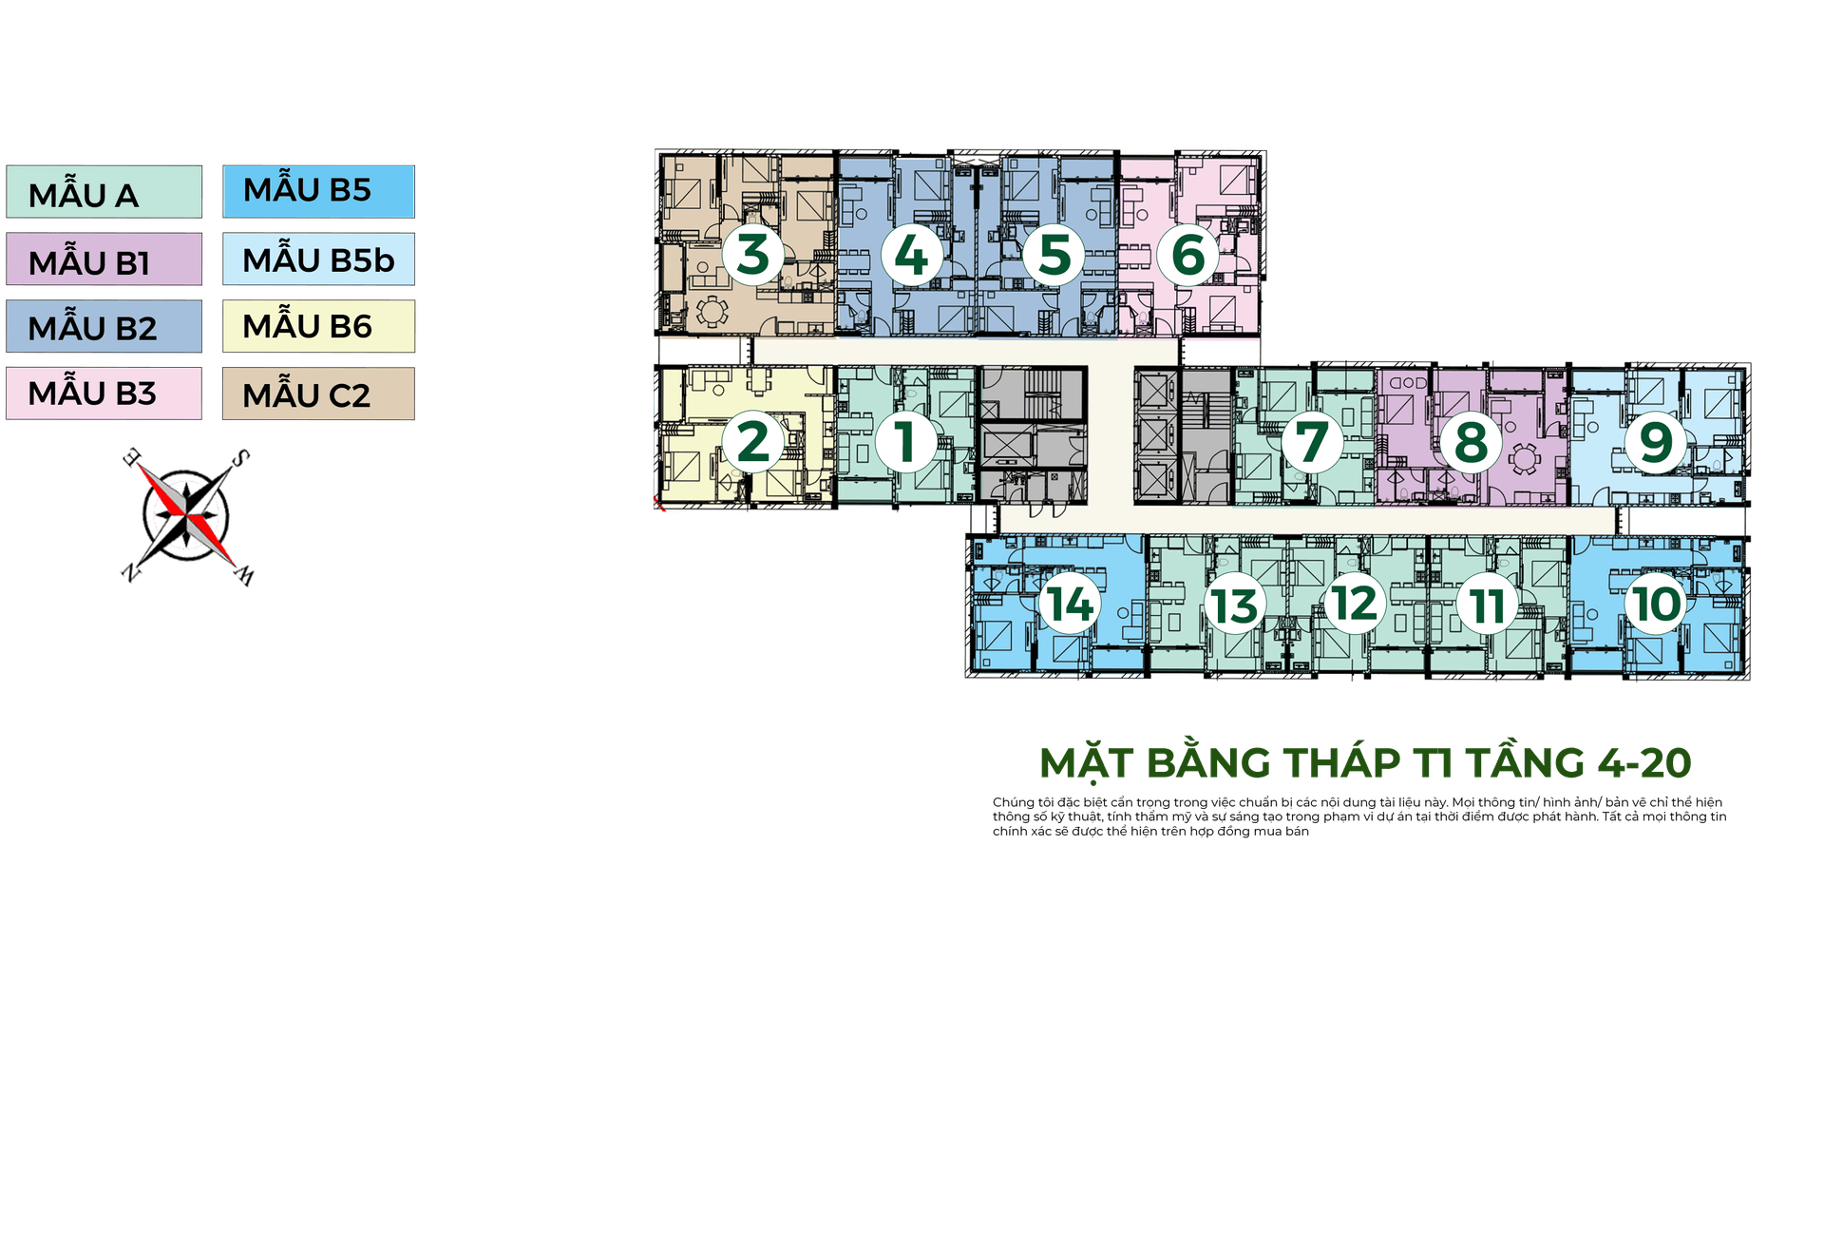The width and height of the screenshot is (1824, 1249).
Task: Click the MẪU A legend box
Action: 104,193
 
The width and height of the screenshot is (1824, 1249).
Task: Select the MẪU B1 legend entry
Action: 104,260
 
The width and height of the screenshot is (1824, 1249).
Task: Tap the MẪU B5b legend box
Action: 319,259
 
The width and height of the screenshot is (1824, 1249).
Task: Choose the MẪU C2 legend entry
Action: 319,394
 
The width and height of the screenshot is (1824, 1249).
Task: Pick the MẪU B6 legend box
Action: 319,327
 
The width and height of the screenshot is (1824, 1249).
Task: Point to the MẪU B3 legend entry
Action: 104,394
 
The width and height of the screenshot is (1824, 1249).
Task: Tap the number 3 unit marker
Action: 753,255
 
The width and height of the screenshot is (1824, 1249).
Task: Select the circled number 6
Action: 1187,255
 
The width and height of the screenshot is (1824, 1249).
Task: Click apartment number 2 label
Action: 753,442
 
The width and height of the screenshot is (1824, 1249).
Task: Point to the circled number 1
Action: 905,442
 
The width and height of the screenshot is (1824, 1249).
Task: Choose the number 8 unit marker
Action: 1471,442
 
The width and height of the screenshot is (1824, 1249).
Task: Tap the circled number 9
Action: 1656,442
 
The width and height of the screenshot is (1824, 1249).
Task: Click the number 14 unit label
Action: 1071,605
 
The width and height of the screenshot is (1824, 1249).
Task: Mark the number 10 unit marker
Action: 1656,605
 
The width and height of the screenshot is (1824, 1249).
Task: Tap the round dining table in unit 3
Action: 712,310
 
